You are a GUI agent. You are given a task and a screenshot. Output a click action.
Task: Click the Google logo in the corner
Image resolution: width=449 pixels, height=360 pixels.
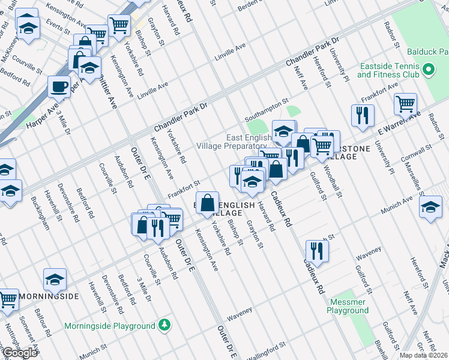(x=19, y=353)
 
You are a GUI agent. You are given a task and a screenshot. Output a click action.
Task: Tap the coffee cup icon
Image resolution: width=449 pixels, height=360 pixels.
(x=59, y=86)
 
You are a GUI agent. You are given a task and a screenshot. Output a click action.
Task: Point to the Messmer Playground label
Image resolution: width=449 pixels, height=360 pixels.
(x=348, y=306)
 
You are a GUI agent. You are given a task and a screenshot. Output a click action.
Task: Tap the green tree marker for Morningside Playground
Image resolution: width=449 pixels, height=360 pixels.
(x=164, y=326)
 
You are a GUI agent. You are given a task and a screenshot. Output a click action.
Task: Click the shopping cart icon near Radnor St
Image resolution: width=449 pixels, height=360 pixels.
(x=405, y=103)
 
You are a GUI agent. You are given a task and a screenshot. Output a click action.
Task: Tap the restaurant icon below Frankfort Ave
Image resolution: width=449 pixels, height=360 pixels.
(x=363, y=115)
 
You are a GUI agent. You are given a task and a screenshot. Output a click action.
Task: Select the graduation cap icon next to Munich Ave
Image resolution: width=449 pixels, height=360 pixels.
(x=430, y=208)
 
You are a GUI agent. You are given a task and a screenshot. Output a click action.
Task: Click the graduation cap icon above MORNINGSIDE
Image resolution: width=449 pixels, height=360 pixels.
(x=55, y=279)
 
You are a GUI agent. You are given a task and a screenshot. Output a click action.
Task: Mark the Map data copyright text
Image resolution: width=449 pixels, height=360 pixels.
(x=424, y=355)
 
